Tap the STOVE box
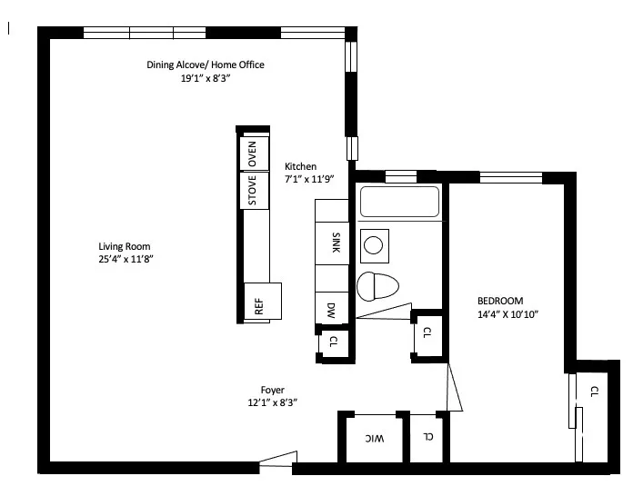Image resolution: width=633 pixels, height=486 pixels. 253,191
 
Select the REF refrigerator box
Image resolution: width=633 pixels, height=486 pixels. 260,303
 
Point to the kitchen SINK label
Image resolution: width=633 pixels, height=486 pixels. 335,243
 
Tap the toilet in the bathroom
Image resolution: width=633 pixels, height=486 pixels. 378,286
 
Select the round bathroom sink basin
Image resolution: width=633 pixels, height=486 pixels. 373,243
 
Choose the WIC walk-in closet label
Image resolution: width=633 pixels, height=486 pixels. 374,439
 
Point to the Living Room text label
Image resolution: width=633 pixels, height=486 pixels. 125,246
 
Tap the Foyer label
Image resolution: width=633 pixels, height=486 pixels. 273,390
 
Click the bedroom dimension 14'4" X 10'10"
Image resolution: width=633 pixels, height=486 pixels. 508,315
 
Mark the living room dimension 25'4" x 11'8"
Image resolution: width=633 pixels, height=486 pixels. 125,260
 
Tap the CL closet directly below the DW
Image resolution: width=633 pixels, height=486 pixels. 333,342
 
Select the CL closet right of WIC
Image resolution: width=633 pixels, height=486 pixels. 427,437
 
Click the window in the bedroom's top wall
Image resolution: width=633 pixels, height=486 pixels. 510,177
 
